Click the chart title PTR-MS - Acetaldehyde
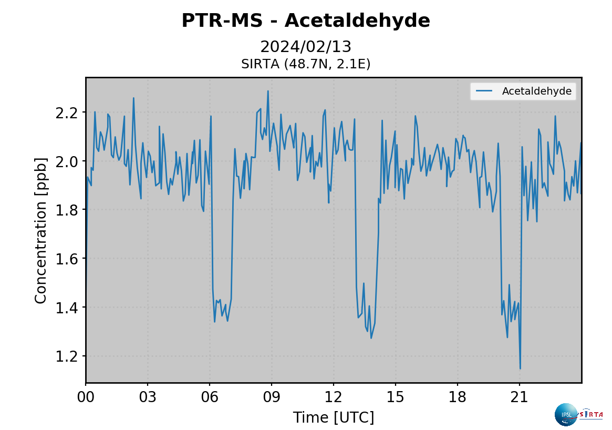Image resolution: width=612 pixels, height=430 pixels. tap(306, 21)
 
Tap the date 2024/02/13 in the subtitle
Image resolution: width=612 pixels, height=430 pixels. tap(306, 47)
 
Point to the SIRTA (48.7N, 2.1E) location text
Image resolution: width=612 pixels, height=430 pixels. tap(306, 64)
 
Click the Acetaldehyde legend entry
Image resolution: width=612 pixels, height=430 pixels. tap(536, 91)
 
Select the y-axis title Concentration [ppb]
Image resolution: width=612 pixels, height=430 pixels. tap(41, 230)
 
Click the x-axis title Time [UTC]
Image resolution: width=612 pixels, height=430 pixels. tap(334, 417)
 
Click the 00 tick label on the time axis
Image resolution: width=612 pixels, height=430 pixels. tap(86, 396)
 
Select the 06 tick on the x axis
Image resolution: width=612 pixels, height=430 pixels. tap(210, 396)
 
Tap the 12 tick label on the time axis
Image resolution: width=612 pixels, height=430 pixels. tap(334, 396)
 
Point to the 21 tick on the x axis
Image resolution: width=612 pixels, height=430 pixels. tap(520, 396)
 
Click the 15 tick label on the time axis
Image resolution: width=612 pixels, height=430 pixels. tap(396, 396)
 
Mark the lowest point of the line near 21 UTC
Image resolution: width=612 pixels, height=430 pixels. tap(520, 368)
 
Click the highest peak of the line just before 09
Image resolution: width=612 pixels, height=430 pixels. tap(268, 91)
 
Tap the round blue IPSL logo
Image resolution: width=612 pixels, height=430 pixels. tap(566, 415)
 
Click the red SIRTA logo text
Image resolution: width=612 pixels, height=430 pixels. tap(592, 414)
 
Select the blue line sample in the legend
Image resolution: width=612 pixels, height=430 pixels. tap(484, 91)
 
